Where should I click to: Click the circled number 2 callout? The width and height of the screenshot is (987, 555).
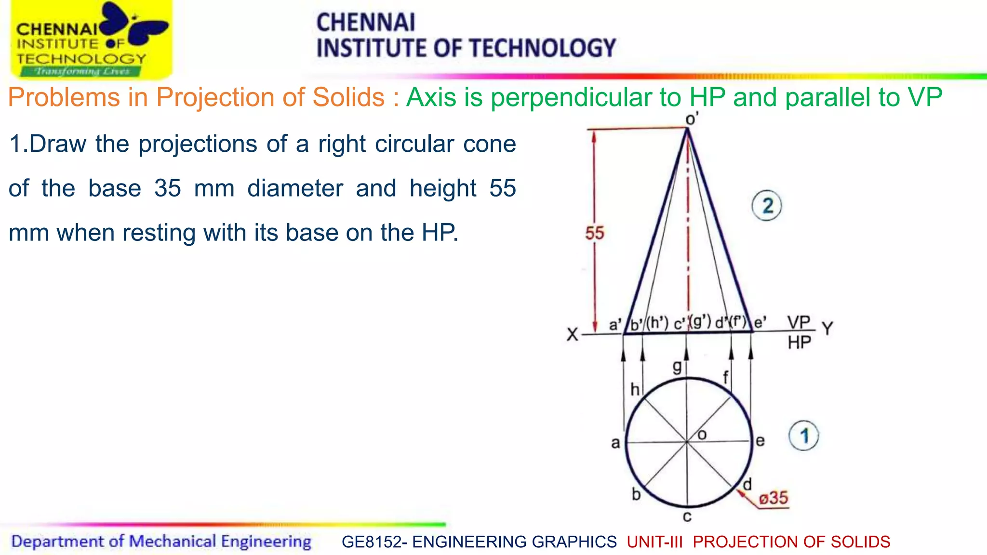(x=767, y=206)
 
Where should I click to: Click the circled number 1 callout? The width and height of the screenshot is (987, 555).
(x=803, y=436)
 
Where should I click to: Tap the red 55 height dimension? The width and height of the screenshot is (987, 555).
(x=595, y=233)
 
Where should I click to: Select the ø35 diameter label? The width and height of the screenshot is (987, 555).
(x=773, y=498)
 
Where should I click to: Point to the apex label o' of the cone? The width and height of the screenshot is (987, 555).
(x=692, y=119)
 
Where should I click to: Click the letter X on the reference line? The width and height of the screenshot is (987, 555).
(x=572, y=334)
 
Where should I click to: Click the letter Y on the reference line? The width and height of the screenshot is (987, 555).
(x=827, y=329)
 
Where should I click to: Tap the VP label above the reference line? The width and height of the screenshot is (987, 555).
(x=799, y=322)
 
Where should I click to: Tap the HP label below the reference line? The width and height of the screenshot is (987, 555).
(x=799, y=343)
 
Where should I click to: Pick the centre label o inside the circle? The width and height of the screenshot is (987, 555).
(x=702, y=435)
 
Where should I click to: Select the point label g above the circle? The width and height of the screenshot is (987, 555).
(x=677, y=367)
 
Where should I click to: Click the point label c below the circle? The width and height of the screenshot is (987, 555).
(x=687, y=517)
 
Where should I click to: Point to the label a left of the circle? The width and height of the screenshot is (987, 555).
(x=615, y=443)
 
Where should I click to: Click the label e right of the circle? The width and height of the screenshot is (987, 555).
(x=760, y=441)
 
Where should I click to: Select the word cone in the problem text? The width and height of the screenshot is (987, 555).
(x=489, y=144)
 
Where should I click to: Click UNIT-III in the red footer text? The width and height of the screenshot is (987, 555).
(x=654, y=542)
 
